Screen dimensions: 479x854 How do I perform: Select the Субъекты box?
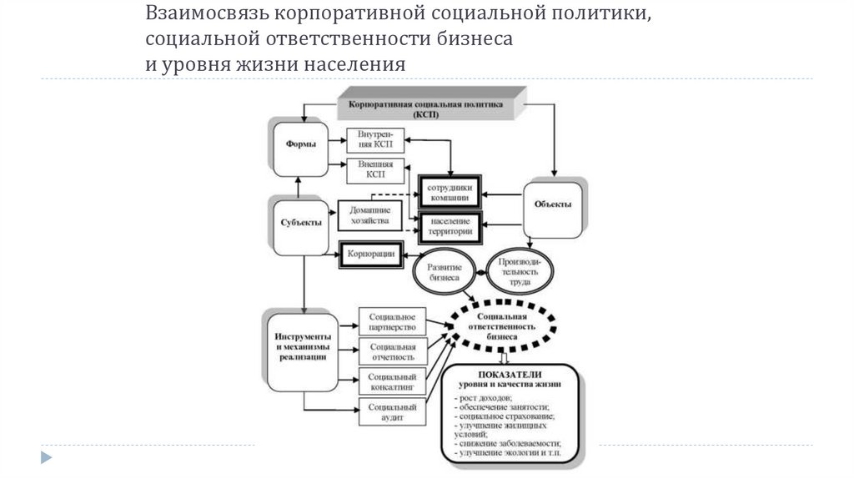point(299,224)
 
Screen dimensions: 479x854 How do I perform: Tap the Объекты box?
point(552,205)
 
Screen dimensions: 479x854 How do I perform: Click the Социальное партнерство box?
point(391,321)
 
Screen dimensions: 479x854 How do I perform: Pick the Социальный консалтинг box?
point(391,381)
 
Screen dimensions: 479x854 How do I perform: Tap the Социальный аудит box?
point(391,411)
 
